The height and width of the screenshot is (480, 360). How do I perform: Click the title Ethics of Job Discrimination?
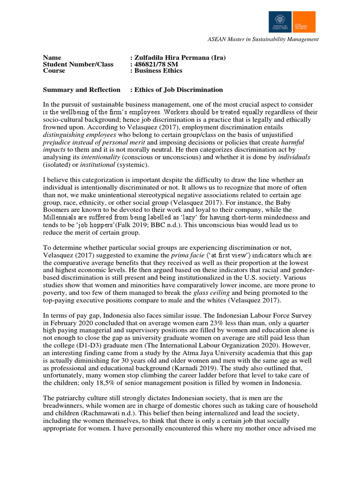178,90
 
